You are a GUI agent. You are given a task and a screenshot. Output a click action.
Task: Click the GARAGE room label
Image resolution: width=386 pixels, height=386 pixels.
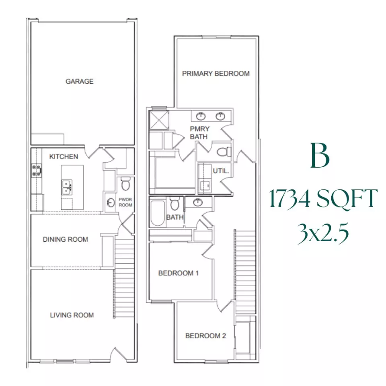80,81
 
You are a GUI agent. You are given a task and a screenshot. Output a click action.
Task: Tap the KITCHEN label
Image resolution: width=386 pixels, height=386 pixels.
64,156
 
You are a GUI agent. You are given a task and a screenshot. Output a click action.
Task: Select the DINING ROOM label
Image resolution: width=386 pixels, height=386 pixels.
65,240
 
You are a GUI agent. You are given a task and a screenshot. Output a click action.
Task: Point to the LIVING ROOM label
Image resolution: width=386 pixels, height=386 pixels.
72,315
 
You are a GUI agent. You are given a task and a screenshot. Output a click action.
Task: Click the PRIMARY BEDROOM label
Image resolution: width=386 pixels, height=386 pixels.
216,74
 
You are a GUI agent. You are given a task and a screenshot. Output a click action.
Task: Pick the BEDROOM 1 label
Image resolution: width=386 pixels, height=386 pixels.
179,273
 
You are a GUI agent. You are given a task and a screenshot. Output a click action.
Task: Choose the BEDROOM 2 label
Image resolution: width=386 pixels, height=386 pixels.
205,336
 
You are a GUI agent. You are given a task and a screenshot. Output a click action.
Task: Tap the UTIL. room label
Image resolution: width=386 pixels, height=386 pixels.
221,171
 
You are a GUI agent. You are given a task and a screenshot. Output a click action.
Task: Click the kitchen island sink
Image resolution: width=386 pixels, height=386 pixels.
67,187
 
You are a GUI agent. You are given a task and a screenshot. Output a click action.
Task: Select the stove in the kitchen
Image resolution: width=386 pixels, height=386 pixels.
36,170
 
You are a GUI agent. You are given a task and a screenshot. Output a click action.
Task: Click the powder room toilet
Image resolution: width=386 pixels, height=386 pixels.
125,184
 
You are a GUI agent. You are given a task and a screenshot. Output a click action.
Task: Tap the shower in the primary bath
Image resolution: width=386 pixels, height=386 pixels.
159,119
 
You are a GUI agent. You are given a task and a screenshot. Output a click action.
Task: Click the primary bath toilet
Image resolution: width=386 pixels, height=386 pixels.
223,152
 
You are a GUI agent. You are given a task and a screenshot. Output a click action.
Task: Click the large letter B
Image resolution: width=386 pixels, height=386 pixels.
320,157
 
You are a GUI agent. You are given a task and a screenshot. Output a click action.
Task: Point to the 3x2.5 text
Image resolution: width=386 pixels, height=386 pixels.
323,234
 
